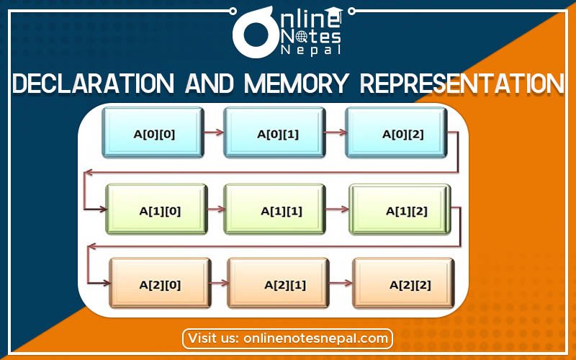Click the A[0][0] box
click(x=153, y=132)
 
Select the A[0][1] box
click(x=274, y=132)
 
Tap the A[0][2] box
click(x=396, y=132)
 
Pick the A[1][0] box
click(x=156, y=210)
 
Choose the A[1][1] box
click(x=274, y=210)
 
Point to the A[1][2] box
click(x=400, y=210)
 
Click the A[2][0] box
click(x=160, y=283)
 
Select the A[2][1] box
click(x=278, y=283)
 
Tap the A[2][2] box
click(x=403, y=283)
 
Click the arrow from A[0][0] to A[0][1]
click(x=214, y=132)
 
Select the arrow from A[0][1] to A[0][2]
click(x=336, y=132)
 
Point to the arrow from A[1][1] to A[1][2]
click(x=337, y=210)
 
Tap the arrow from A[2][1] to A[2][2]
click(x=341, y=283)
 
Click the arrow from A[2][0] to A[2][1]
click(x=219, y=283)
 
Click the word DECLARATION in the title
click(x=94, y=83)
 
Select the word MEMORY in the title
click(x=296, y=83)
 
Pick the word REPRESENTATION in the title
click(x=462, y=83)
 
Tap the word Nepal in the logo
click(x=311, y=50)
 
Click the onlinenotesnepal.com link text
click(x=315, y=338)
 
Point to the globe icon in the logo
click(x=302, y=36)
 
